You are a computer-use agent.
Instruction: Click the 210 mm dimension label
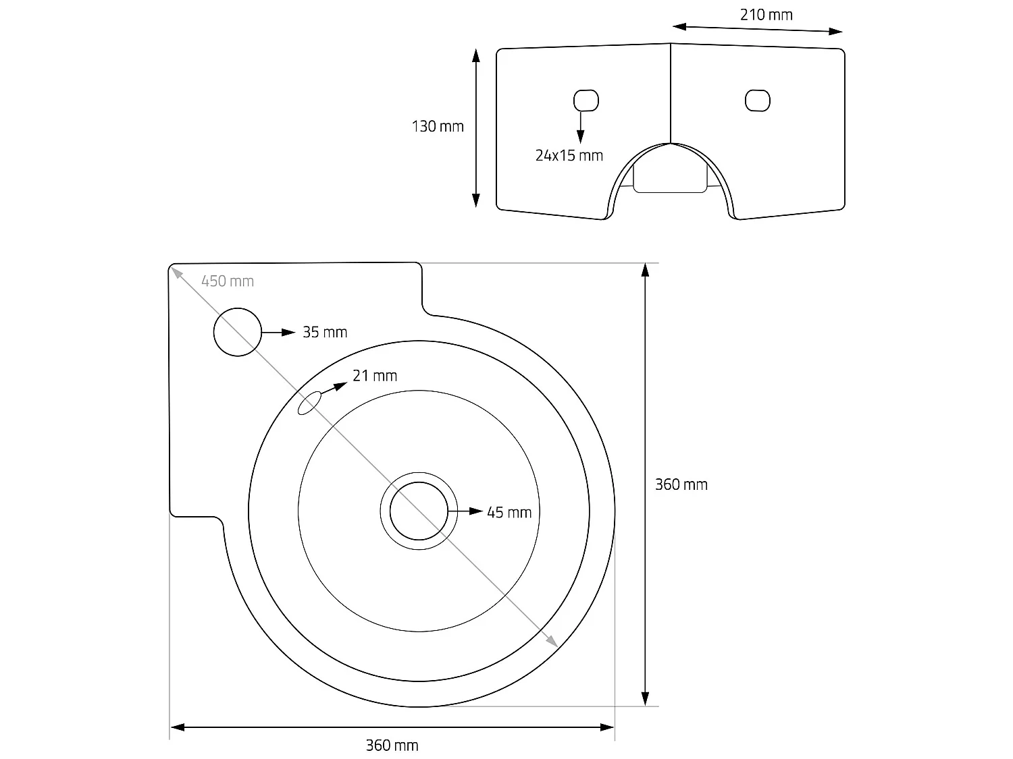tap(766, 15)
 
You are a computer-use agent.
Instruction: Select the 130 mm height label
tap(438, 126)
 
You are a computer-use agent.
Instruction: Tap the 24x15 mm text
tap(569, 156)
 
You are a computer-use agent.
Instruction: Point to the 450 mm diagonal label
tap(228, 281)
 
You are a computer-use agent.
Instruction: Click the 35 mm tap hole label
tap(325, 332)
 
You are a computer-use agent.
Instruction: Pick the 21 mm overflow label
tap(375, 376)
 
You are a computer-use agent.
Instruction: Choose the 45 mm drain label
tap(509, 513)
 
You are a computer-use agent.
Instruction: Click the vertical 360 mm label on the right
tap(681, 484)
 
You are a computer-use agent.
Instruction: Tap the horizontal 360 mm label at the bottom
tap(392, 746)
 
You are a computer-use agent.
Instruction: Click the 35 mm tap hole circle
tap(237, 332)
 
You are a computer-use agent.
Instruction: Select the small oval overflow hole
tap(309, 403)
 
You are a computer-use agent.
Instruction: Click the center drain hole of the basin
tap(419, 511)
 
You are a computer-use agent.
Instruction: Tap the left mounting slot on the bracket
tap(586, 101)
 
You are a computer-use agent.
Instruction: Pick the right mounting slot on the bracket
tap(757, 101)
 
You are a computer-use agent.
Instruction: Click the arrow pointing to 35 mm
tap(279, 332)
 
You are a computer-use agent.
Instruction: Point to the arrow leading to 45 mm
tap(466, 511)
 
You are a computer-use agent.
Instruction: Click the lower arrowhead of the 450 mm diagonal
tap(552, 641)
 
